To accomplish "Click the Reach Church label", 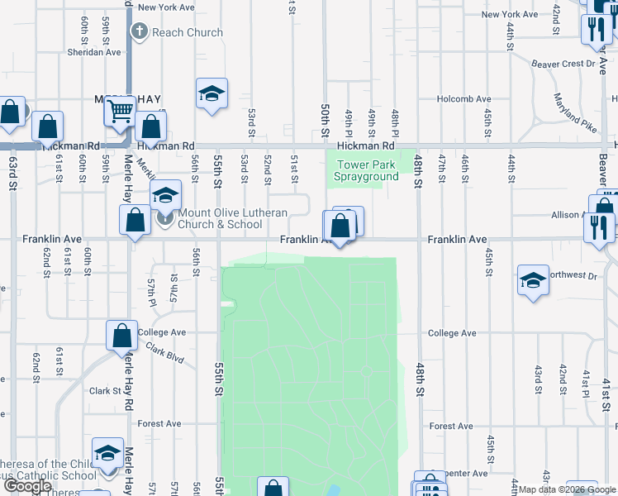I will tap(187, 32).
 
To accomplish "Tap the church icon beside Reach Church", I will tap(139, 32).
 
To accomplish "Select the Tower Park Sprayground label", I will tap(367, 170).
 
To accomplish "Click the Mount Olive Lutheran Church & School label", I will tap(221, 218).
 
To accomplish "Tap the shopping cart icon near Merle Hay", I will tap(121, 110).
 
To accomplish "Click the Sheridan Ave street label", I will tap(94, 51).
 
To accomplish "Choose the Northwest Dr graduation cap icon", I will tap(533, 280).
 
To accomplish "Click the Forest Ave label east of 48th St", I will tap(451, 427).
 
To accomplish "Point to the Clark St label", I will tap(106, 391).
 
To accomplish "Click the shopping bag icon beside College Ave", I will tap(121, 336).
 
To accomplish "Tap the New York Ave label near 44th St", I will tap(511, 14).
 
